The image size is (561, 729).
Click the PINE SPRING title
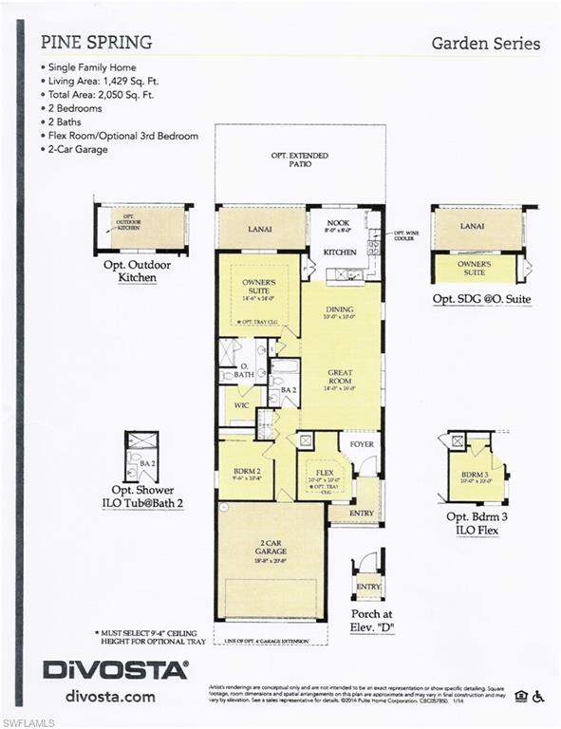(x=96, y=43)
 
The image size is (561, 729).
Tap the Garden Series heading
(x=485, y=43)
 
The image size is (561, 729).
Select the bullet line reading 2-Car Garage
(x=79, y=149)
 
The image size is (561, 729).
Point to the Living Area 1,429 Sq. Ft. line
(x=116, y=82)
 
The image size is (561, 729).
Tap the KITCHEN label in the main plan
(x=339, y=252)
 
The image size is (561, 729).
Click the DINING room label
(x=339, y=308)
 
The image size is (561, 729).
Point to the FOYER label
(x=362, y=442)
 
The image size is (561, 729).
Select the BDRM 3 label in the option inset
(x=474, y=473)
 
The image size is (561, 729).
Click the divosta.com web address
(x=110, y=697)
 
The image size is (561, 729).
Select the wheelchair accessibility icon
(x=539, y=697)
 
